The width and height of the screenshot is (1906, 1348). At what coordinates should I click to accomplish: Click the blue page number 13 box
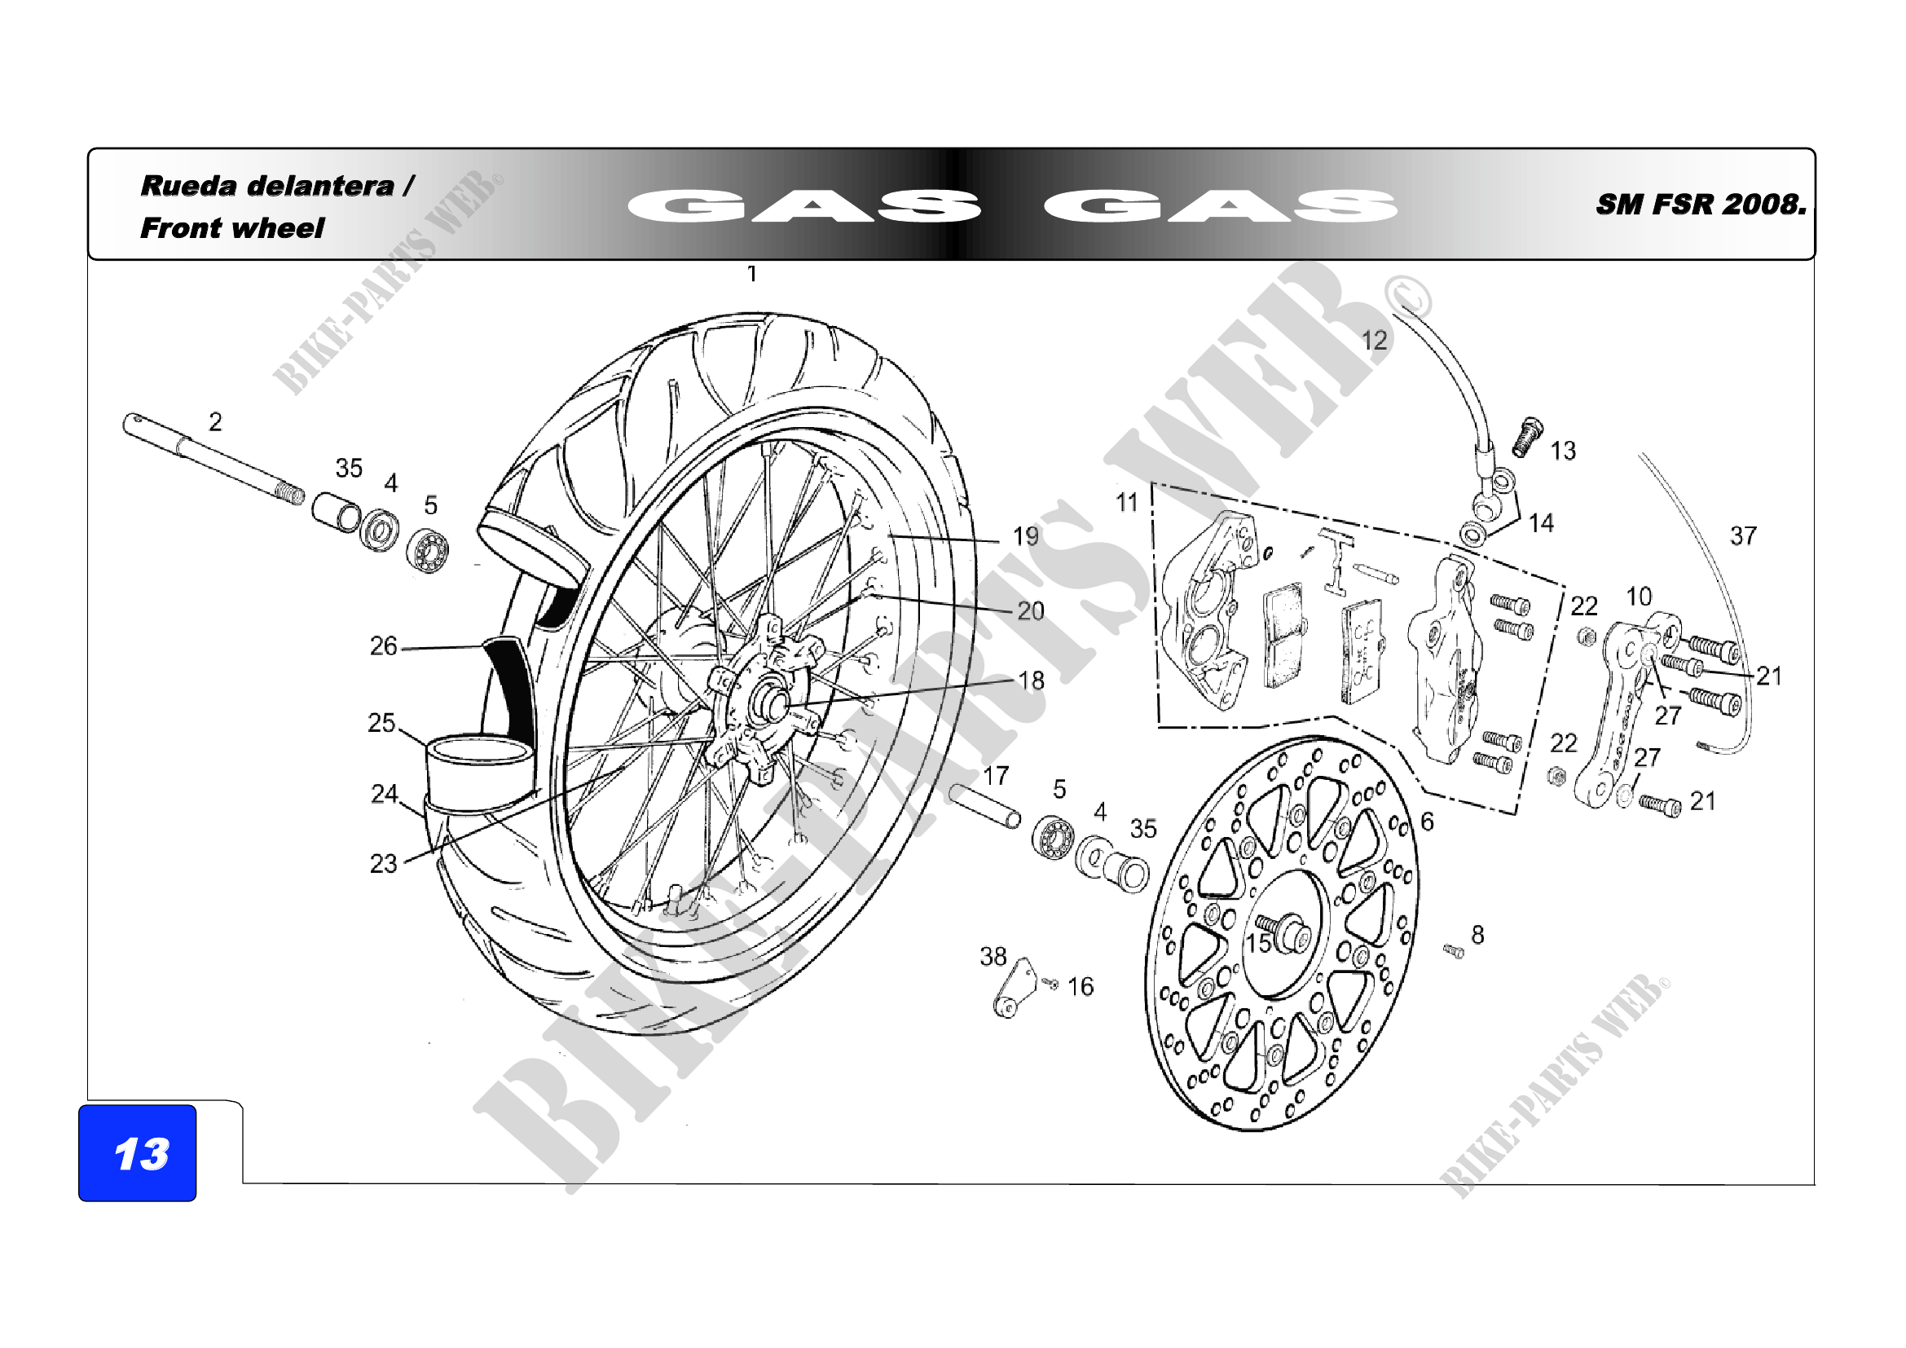[x=137, y=1152]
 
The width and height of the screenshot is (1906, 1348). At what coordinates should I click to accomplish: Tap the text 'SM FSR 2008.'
[x=1700, y=205]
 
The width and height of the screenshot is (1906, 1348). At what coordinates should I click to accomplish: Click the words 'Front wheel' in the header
[x=231, y=228]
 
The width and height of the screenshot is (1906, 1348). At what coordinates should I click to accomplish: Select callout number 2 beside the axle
[x=215, y=422]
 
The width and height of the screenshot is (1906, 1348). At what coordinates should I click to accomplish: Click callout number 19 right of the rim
[x=1026, y=536]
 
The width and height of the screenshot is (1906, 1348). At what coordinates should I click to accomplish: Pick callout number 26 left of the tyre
[x=384, y=645]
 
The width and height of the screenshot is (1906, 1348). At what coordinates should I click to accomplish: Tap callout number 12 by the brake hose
[x=1374, y=341]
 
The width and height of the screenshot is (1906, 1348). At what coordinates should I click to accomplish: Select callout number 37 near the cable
[x=1743, y=536]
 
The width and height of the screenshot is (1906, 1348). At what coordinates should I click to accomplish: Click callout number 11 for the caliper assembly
[x=1126, y=502]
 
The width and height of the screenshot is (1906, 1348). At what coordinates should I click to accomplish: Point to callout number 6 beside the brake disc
[x=1427, y=822]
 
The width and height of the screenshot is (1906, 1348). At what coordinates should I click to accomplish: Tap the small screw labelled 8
[x=1453, y=951]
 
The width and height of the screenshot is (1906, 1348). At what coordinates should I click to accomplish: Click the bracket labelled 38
[x=1015, y=988]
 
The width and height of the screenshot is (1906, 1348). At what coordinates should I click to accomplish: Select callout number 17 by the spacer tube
[x=996, y=776]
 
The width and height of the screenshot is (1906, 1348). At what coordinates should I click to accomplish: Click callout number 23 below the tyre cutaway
[x=384, y=864]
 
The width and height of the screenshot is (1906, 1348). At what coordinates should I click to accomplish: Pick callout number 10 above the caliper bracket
[x=1639, y=596]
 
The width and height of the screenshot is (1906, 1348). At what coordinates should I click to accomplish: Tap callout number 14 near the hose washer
[x=1542, y=523]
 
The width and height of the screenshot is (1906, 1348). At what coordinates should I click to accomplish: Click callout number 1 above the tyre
[x=752, y=274]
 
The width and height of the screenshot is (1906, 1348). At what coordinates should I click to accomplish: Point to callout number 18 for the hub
[x=1031, y=681]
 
